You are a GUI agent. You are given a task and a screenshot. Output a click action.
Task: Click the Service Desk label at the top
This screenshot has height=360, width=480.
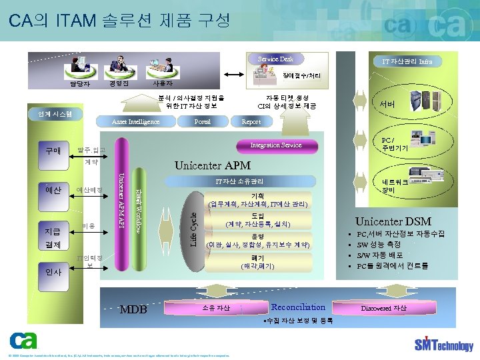pyautogui.click(x=276, y=59)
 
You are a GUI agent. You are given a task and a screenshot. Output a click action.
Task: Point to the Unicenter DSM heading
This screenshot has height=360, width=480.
pyautogui.click(x=393, y=221)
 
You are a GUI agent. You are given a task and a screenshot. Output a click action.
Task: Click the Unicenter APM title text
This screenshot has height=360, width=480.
pyautogui.click(x=213, y=165)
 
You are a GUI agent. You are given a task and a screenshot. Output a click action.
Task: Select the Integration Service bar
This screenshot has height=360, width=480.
pyautogui.click(x=275, y=145)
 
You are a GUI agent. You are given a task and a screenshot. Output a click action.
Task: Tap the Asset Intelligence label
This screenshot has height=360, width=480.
pyautogui.click(x=135, y=122)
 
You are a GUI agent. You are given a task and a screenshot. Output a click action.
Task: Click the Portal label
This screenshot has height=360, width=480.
pyautogui.click(x=202, y=122)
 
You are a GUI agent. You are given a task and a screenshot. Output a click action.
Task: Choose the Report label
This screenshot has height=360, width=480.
pyautogui.click(x=251, y=122)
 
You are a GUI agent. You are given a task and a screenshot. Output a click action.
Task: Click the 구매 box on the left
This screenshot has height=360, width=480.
pyautogui.click(x=53, y=150)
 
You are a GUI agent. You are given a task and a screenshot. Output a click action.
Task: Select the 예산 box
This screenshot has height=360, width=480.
pyautogui.click(x=53, y=190)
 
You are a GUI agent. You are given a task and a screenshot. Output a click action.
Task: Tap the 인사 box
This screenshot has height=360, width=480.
pyautogui.click(x=53, y=272)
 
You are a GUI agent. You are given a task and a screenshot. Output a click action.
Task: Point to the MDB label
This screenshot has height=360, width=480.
pyautogui.click(x=133, y=310)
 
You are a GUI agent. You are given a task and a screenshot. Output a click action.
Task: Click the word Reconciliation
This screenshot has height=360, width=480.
pyautogui.click(x=298, y=307)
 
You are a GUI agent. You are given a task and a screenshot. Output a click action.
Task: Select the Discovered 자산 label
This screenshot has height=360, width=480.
pyautogui.click(x=383, y=308)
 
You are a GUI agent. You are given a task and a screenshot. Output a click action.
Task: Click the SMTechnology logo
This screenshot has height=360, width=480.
pyautogui.click(x=443, y=344)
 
